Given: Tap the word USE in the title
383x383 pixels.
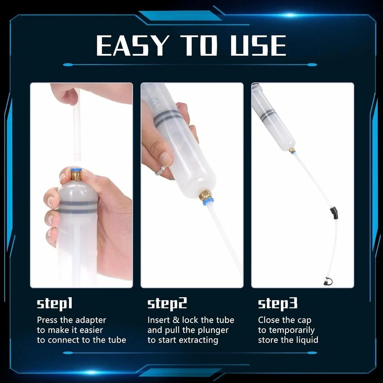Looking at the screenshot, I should (258, 46).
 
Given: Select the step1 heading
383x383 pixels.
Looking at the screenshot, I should (54, 304).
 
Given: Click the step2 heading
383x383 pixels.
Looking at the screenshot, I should (167, 304).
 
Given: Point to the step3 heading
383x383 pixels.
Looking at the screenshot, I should (278, 304).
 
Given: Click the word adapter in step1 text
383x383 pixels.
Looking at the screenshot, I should (91, 320).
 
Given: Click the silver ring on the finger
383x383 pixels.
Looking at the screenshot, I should (160, 171).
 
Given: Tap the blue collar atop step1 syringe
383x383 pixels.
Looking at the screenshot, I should (76, 170).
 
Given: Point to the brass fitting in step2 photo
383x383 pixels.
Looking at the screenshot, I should (205, 195).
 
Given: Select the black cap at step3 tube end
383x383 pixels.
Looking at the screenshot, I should (328, 281).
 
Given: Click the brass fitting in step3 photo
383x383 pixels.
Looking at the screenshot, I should (291, 150).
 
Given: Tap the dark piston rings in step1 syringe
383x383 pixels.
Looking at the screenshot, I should (77, 207).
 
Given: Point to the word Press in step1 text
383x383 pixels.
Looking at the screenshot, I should (47, 320).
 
